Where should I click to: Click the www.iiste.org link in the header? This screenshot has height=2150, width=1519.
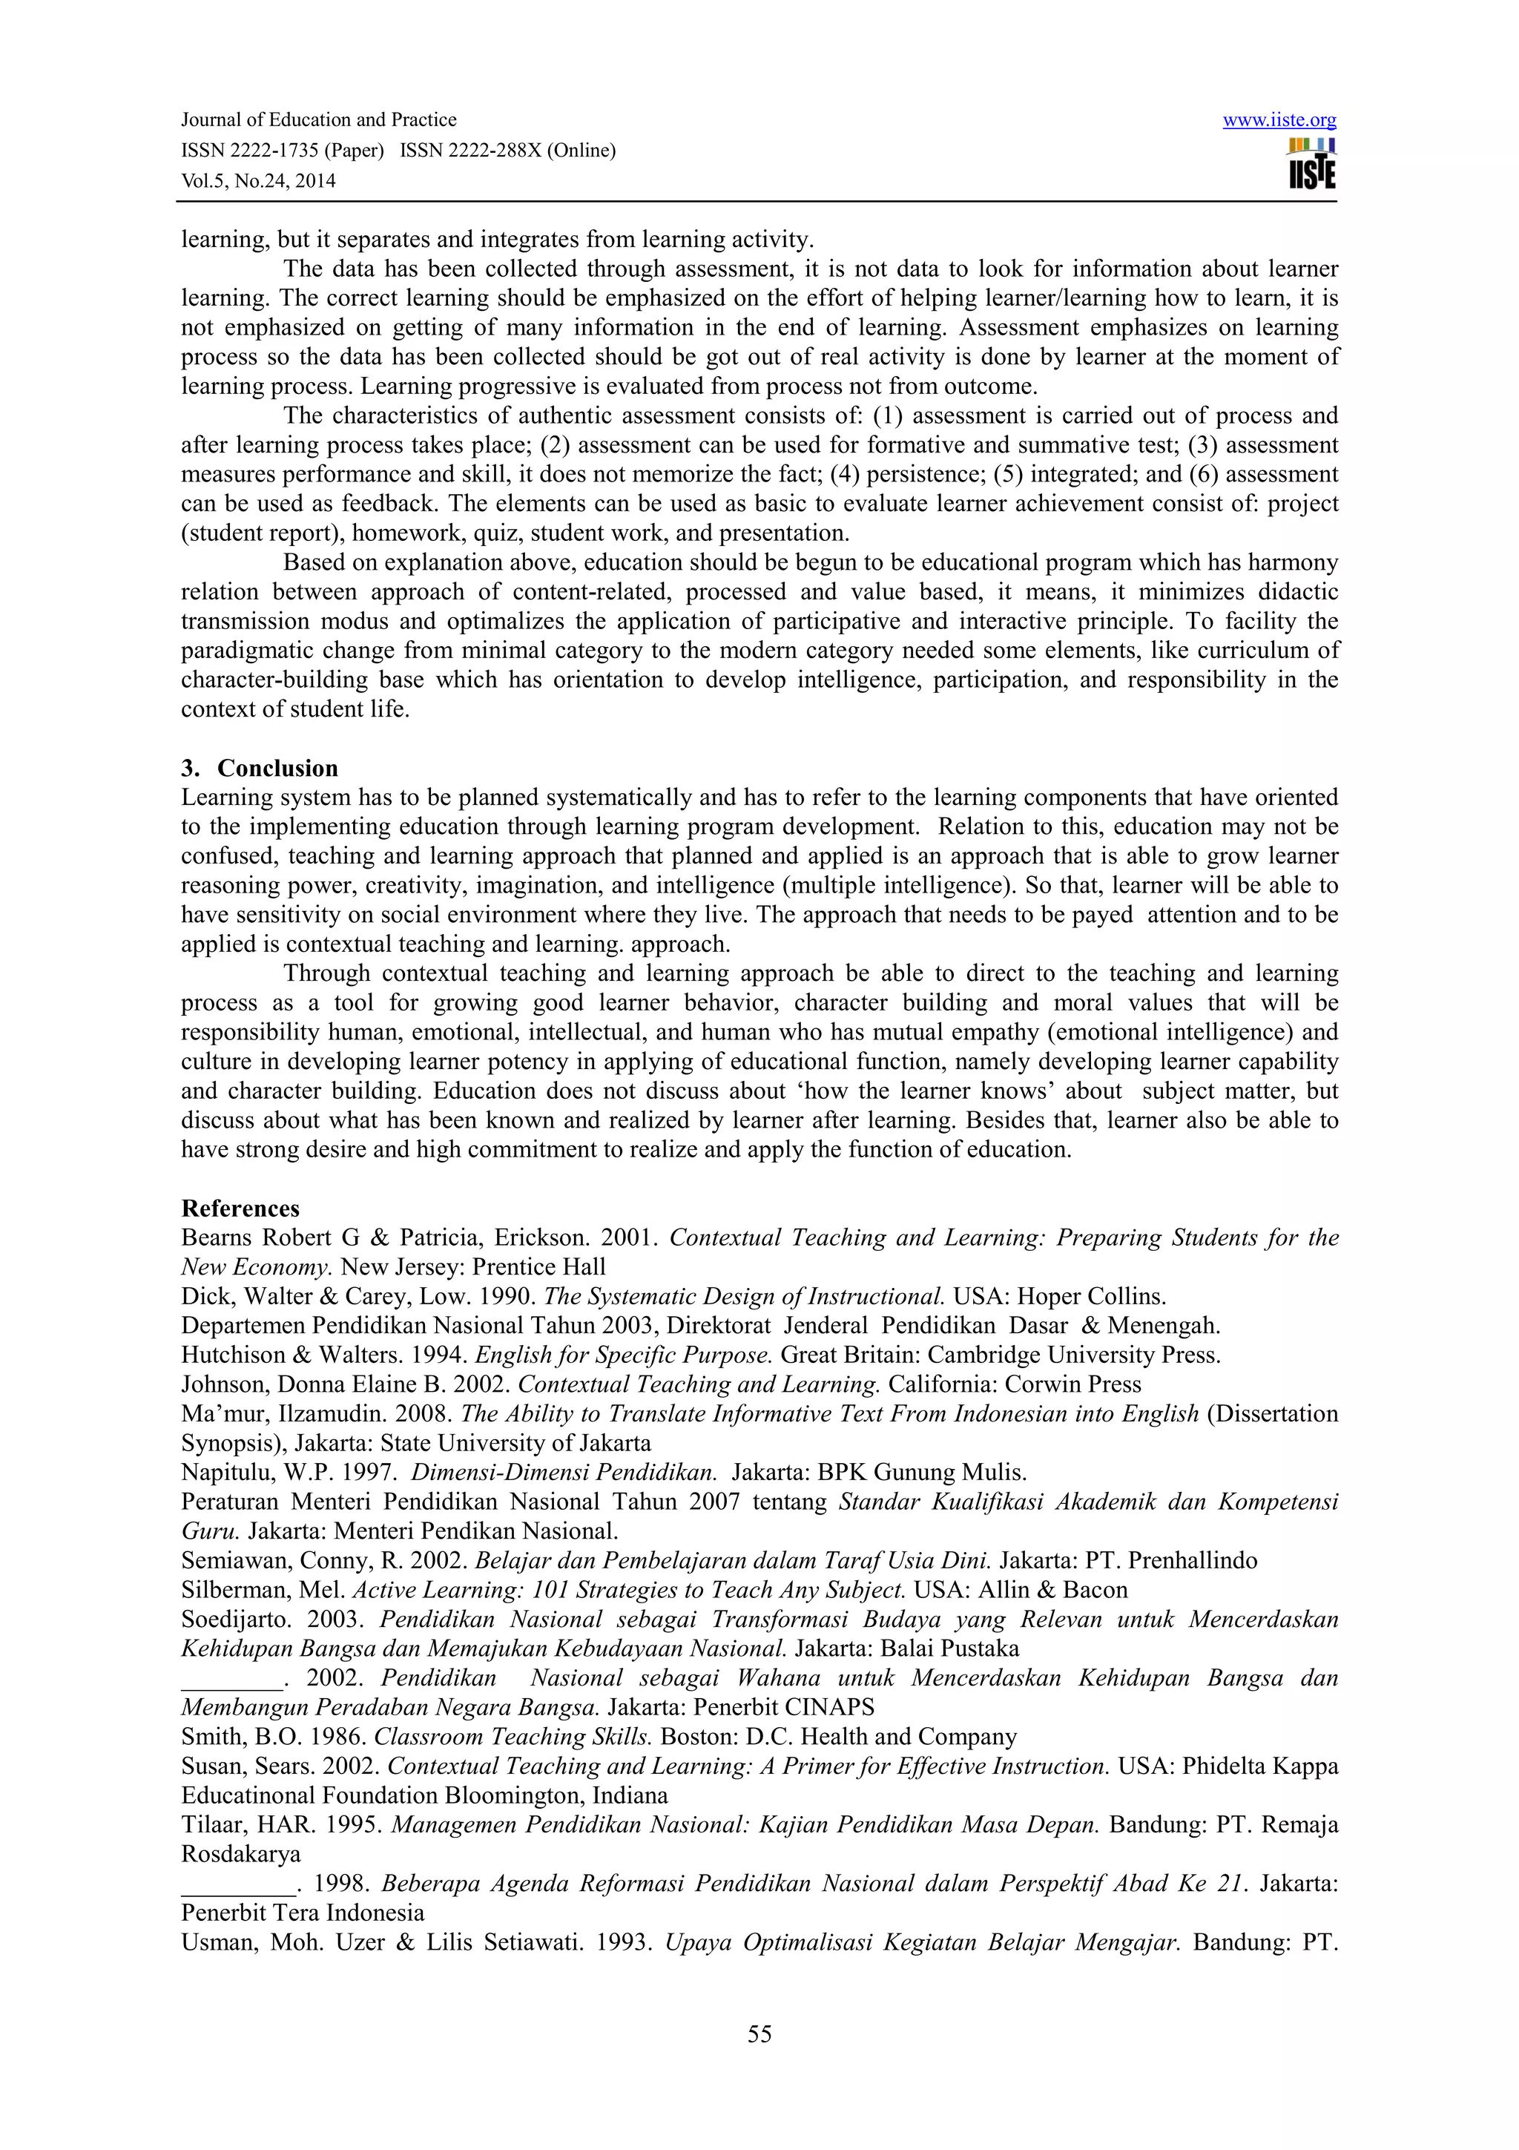pos(1279,120)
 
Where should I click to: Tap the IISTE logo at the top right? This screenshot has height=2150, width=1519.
pos(1311,165)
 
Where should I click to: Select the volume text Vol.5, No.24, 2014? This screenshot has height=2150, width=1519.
pos(257,182)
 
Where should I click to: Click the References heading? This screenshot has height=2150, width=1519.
pos(240,1208)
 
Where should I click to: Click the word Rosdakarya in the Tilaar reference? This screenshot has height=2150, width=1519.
pos(240,1854)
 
